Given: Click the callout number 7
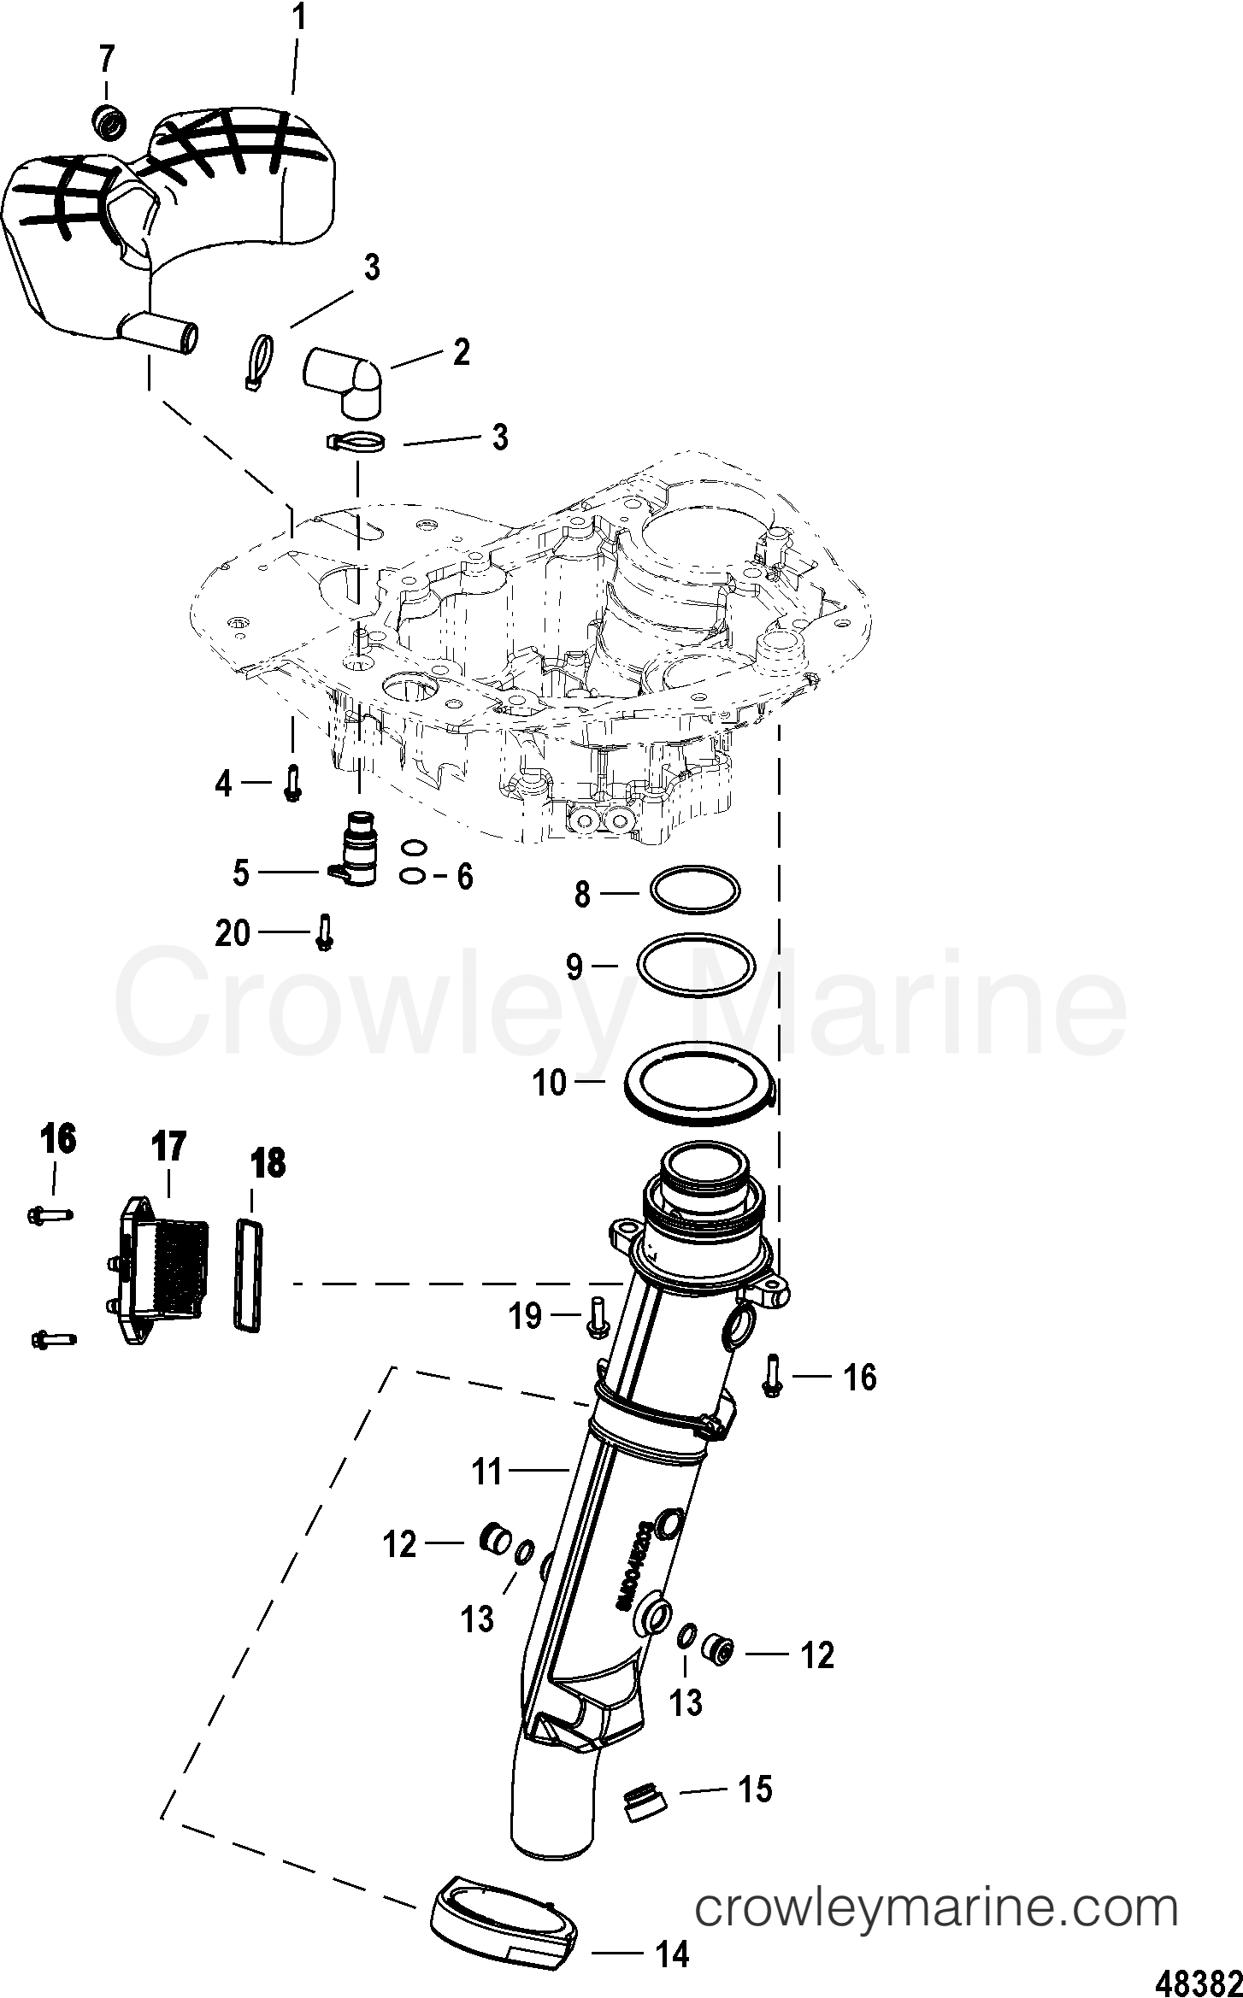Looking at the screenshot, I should [x=106, y=59].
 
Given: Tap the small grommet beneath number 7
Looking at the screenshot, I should [x=107, y=121].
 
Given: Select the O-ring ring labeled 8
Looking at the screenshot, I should [x=695, y=892].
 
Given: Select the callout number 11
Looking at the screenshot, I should [x=487, y=1472].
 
